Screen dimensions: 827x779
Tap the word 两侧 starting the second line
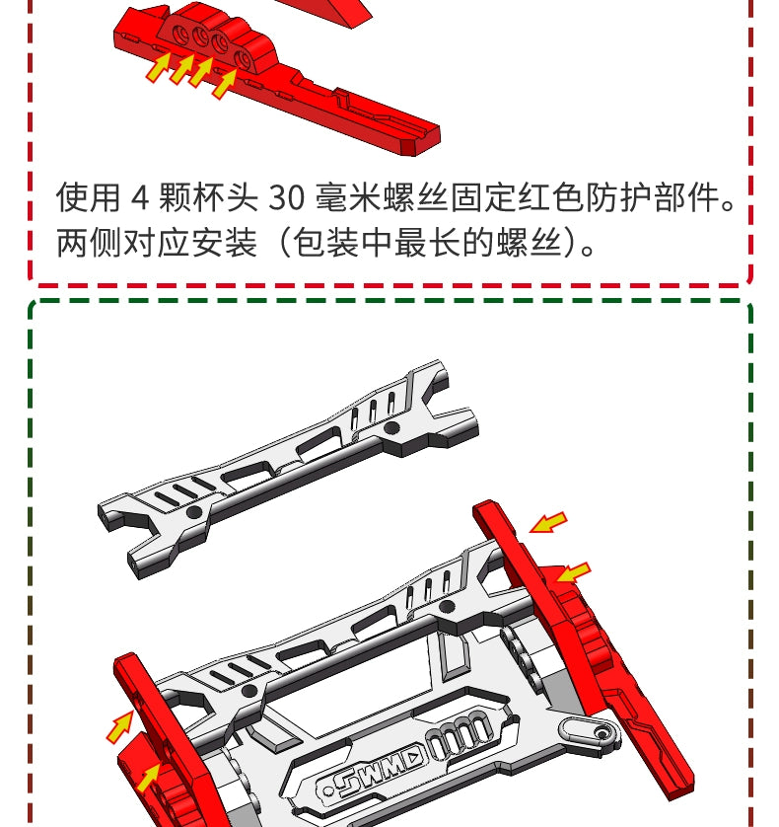[88, 242]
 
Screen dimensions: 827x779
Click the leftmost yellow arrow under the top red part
[157, 69]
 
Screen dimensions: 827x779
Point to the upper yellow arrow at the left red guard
[120, 727]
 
